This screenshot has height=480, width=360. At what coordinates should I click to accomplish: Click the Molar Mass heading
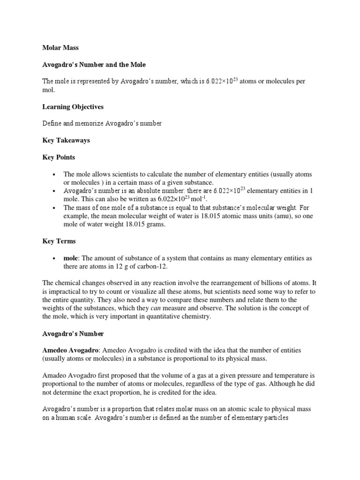(60, 47)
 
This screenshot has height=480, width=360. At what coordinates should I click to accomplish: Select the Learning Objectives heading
(73, 107)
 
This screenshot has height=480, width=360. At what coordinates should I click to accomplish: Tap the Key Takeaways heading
(66, 140)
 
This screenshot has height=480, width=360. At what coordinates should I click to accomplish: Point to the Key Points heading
(59, 157)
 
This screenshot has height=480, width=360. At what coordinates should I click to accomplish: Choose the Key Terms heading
(59, 241)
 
